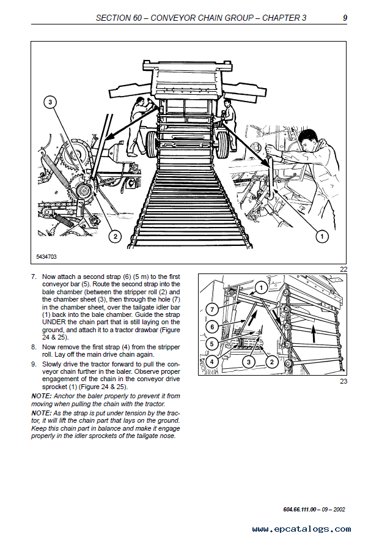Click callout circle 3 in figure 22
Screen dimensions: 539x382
(x=50, y=102)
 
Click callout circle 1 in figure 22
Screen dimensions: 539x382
(x=323, y=236)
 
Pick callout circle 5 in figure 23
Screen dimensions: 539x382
(x=211, y=344)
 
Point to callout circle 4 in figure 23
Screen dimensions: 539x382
(x=211, y=362)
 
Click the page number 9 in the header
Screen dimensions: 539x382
(x=345, y=18)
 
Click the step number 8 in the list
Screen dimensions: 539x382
(x=34, y=346)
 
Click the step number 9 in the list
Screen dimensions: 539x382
(x=34, y=363)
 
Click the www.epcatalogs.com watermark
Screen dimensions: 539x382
(x=301, y=529)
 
